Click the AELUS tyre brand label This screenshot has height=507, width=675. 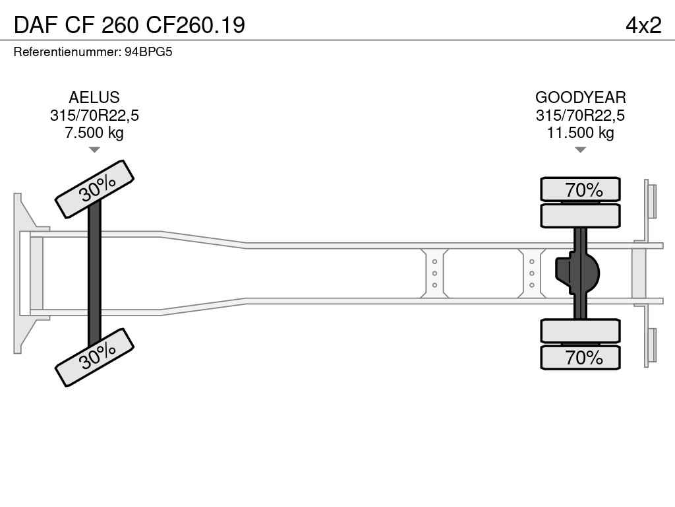[94, 98]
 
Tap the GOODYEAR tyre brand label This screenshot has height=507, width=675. [580, 98]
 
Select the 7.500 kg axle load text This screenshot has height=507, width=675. [94, 133]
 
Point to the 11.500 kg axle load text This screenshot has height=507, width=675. [580, 133]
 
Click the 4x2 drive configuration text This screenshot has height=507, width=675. [643, 26]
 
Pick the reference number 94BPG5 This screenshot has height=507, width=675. [148, 52]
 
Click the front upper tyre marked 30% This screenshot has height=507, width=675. [95, 189]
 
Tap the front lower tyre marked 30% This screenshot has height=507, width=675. [95, 357]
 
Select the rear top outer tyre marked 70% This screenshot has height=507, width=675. [580, 189]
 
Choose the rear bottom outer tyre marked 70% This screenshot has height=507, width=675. [580, 357]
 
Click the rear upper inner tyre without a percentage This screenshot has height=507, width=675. [580, 216]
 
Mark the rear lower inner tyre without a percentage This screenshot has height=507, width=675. [580, 331]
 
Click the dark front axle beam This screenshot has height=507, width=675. [94, 273]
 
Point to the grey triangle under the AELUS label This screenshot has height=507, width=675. [94, 150]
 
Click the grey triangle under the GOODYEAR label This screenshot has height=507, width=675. [580, 150]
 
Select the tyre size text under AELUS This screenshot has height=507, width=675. [94, 116]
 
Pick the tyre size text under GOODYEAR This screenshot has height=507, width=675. [580, 116]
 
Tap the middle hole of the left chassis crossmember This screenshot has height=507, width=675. [435, 273]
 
